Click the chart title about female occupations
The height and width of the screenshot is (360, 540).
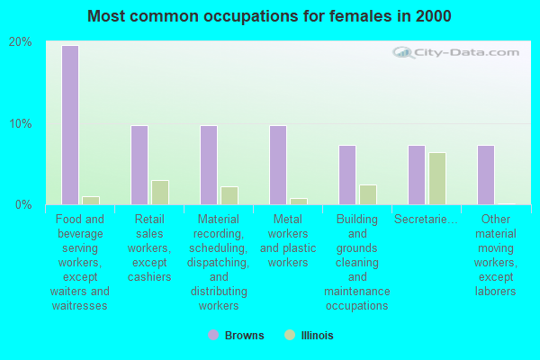point(270,16)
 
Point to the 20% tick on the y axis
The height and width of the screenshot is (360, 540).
point(20,42)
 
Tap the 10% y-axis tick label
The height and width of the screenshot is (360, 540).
point(20,123)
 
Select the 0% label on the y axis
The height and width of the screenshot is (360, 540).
point(22,204)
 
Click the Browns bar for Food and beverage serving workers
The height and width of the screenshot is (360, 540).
point(69,125)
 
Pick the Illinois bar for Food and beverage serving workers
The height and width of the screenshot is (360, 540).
point(90,200)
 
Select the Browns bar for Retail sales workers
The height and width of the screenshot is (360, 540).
point(139,165)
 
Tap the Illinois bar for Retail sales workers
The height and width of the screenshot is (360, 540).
point(159,192)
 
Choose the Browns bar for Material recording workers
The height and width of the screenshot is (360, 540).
point(208,165)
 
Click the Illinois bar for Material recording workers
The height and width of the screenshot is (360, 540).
point(229,195)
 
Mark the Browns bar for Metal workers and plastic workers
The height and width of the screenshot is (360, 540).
point(277,165)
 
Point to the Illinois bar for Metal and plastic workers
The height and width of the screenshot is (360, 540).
point(298,201)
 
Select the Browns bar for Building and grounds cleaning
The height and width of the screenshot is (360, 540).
point(346,175)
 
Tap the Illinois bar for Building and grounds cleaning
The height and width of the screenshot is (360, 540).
point(367,194)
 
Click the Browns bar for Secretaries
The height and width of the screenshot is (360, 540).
point(416,175)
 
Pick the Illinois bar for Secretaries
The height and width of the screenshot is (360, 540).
point(436,178)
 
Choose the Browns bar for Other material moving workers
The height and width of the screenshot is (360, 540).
point(485,175)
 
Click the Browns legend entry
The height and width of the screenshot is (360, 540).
point(237,336)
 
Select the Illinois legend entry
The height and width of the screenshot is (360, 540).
point(309,336)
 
